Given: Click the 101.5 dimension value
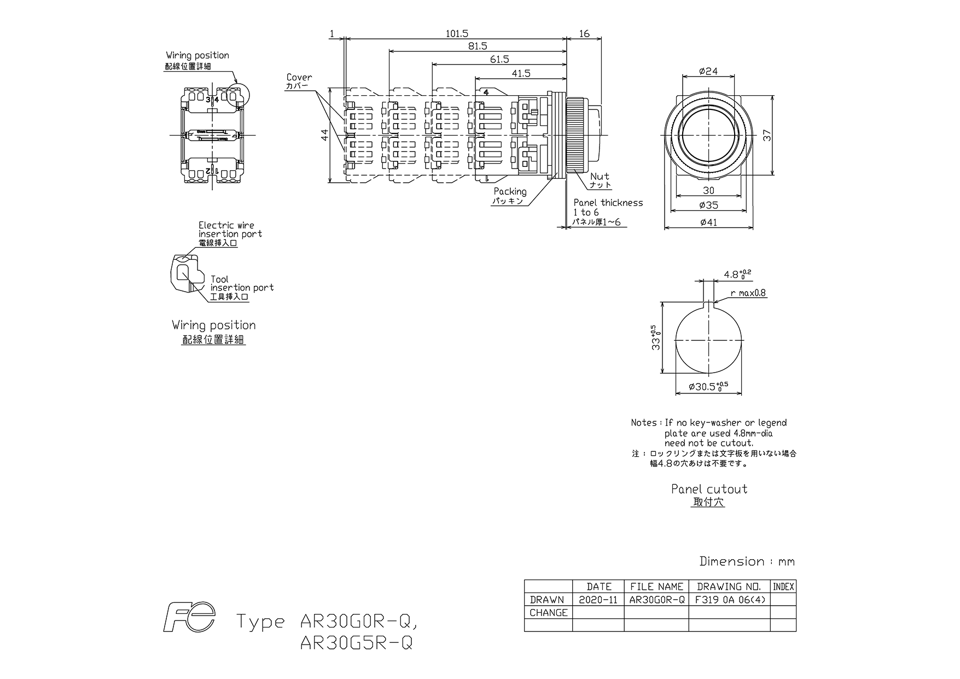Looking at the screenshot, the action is [457, 34].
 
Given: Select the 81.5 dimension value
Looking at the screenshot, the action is [478, 47].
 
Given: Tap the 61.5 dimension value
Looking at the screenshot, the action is [499, 60].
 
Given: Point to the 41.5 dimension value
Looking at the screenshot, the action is [521, 73].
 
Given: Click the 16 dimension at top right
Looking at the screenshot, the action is [584, 34].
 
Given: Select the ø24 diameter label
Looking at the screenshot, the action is [708, 71].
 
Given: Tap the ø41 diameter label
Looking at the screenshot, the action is [708, 222].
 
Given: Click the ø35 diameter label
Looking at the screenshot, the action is [708, 205].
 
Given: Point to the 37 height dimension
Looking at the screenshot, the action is [768, 135].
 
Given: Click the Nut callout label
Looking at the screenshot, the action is [600, 177].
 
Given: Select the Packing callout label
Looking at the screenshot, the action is [510, 191].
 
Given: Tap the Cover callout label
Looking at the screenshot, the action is [299, 78].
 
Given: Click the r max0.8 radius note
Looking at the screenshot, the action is [748, 293].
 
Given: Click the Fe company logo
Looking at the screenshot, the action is [190, 618].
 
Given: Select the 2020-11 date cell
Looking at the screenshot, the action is [598, 600].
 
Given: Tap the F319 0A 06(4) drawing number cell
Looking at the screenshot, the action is [730, 600].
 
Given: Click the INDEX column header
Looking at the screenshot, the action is [783, 587].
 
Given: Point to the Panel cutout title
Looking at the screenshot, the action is [709, 489].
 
